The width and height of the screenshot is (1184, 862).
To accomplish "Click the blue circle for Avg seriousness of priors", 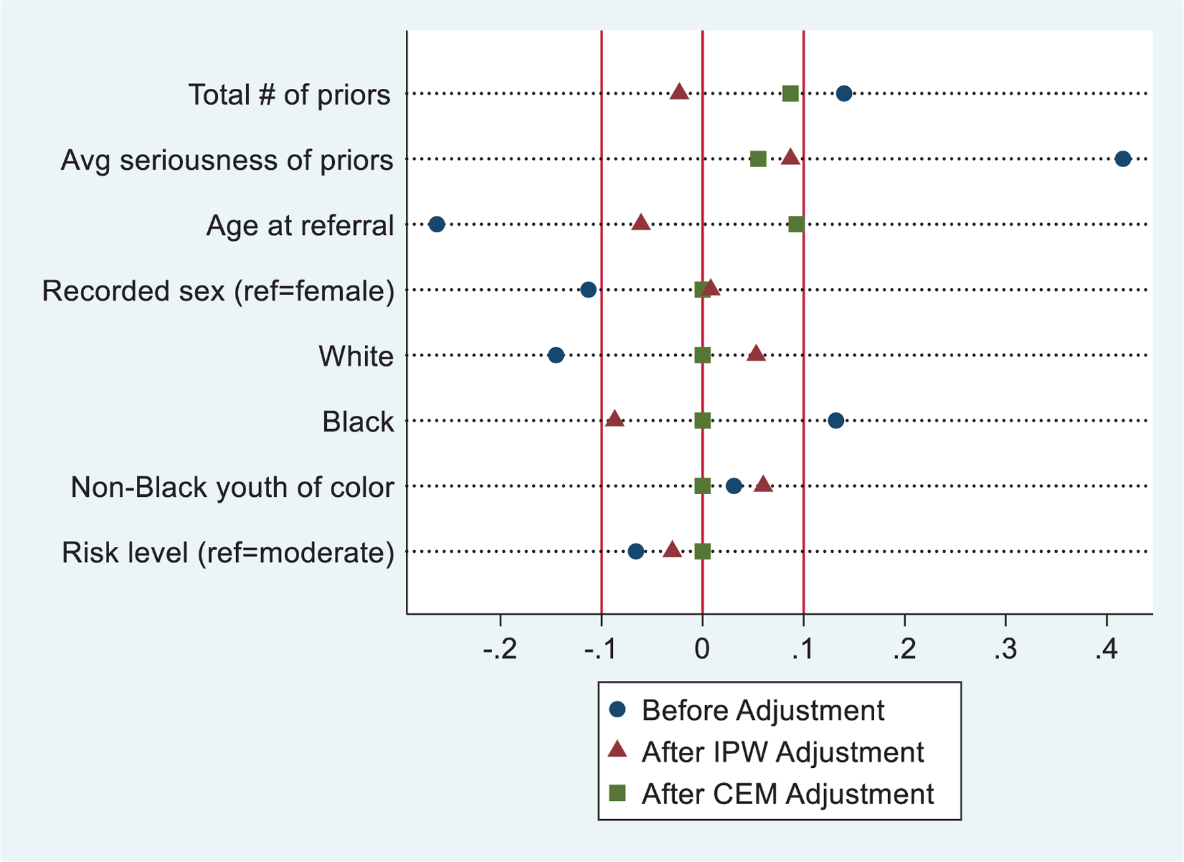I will tap(1123, 159).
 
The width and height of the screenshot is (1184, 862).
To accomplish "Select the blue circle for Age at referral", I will tap(437, 224).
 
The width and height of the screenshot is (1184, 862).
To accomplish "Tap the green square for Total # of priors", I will tap(790, 93).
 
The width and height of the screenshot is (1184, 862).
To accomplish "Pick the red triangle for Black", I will tap(614, 419).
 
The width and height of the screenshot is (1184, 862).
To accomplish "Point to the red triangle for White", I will tap(756, 353).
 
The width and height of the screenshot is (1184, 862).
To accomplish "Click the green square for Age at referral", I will tap(796, 224).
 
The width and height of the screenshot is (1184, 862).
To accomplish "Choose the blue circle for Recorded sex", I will tap(589, 290).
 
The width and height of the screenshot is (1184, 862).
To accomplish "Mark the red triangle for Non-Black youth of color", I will tap(763, 485).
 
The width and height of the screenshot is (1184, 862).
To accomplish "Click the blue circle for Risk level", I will tap(635, 551).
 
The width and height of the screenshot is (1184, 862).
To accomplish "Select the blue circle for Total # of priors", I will tap(844, 93).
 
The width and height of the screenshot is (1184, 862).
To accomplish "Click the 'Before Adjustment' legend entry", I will tap(762, 711).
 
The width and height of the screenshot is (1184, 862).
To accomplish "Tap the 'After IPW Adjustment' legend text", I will tap(782, 752).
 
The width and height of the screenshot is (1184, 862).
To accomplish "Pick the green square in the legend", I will tap(617, 793).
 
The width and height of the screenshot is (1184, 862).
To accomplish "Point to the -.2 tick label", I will tap(500, 650).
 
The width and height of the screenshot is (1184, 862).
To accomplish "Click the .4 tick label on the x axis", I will tap(1106, 650).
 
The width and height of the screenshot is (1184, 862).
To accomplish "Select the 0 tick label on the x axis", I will tap(702, 650).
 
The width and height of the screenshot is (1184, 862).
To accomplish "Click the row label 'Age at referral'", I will tap(300, 226).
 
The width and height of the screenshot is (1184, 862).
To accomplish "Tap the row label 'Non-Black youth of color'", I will tap(232, 488).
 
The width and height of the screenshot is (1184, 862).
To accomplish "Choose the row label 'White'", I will tap(356, 357).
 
